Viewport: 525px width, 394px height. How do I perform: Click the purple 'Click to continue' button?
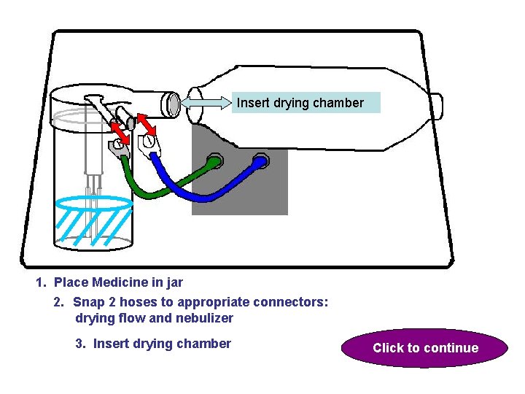coord(425,348)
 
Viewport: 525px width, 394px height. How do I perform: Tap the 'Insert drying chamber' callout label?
coord(300,103)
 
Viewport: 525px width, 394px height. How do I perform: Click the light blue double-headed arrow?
coord(207,104)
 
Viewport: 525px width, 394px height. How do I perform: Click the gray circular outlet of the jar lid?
coord(174,104)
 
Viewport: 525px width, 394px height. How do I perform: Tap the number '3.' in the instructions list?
coord(81,344)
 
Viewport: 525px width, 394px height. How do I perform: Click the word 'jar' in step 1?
coord(174,282)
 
